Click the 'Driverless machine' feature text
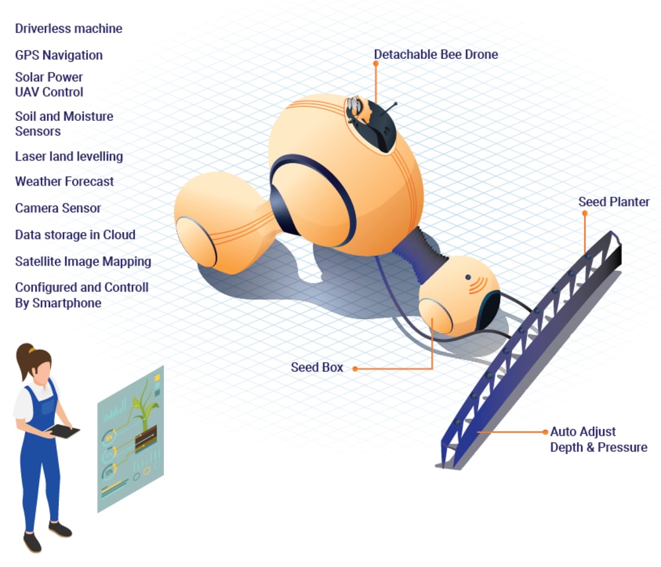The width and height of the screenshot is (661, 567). [x=69, y=28]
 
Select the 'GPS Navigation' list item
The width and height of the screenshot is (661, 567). [x=59, y=55]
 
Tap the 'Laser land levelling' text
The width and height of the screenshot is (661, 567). [x=69, y=157]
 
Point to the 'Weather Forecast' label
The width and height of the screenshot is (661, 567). [x=64, y=181]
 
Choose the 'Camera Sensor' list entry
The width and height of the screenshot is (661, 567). [x=58, y=208]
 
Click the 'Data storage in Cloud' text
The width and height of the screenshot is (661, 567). [x=75, y=235]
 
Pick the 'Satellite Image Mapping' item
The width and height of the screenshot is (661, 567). [x=83, y=262]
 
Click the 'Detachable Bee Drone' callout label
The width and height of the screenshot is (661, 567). [x=436, y=54]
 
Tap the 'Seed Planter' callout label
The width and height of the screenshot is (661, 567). [x=614, y=202]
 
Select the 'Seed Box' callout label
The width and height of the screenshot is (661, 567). [x=317, y=367]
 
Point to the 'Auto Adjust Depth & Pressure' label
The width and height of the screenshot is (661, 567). [x=598, y=439]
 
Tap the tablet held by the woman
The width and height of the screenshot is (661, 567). [x=65, y=431]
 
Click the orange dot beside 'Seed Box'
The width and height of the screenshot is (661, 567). [x=354, y=368]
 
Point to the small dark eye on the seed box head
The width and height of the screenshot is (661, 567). [x=468, y=276]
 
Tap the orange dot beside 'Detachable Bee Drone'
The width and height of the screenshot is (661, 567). [x=375, y=63]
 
